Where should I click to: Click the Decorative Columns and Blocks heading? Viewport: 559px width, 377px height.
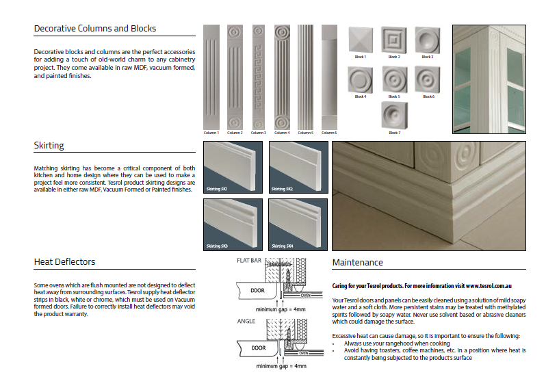95,29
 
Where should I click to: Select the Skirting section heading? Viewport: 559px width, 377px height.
49,146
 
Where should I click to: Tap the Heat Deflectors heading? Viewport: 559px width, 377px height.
64,262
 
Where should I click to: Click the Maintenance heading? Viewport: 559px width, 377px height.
357,263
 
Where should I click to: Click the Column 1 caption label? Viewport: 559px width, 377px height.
211,132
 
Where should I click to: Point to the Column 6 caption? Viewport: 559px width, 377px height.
329,132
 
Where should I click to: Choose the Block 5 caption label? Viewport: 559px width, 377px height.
394,96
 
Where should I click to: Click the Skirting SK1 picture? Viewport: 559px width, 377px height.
233,168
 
